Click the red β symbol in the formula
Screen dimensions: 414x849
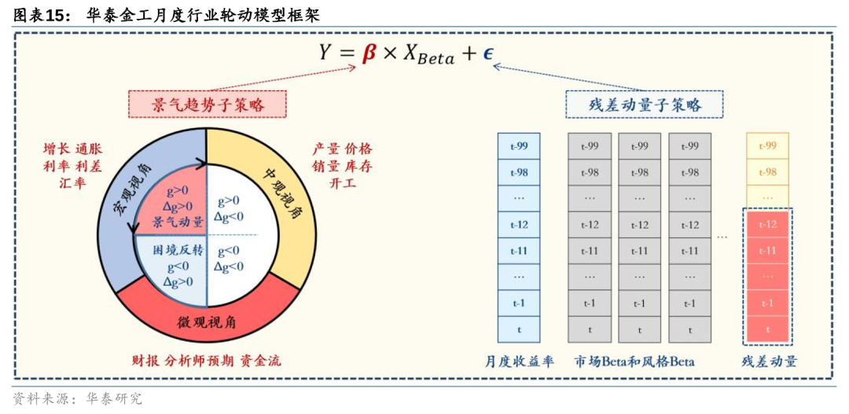pos(369,53)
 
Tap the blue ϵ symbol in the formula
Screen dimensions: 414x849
pos(488,53)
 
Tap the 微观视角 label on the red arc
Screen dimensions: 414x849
pos(208,322)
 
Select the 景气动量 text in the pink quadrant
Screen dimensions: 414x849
pos(178,222)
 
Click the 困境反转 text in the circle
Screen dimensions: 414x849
pos(178,251)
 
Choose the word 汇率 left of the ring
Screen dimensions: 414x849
pos(72,182)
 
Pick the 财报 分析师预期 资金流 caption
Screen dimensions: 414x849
pos(207,361)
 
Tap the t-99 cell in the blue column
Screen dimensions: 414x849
pos(519,146)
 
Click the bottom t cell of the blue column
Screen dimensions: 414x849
pos(519,330)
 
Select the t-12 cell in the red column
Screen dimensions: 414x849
pos(767,225)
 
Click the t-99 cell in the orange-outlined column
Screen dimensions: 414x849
pos(767,146)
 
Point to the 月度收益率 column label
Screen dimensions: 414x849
pos(519,361)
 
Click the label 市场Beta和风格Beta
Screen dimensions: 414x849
pos(634,361)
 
